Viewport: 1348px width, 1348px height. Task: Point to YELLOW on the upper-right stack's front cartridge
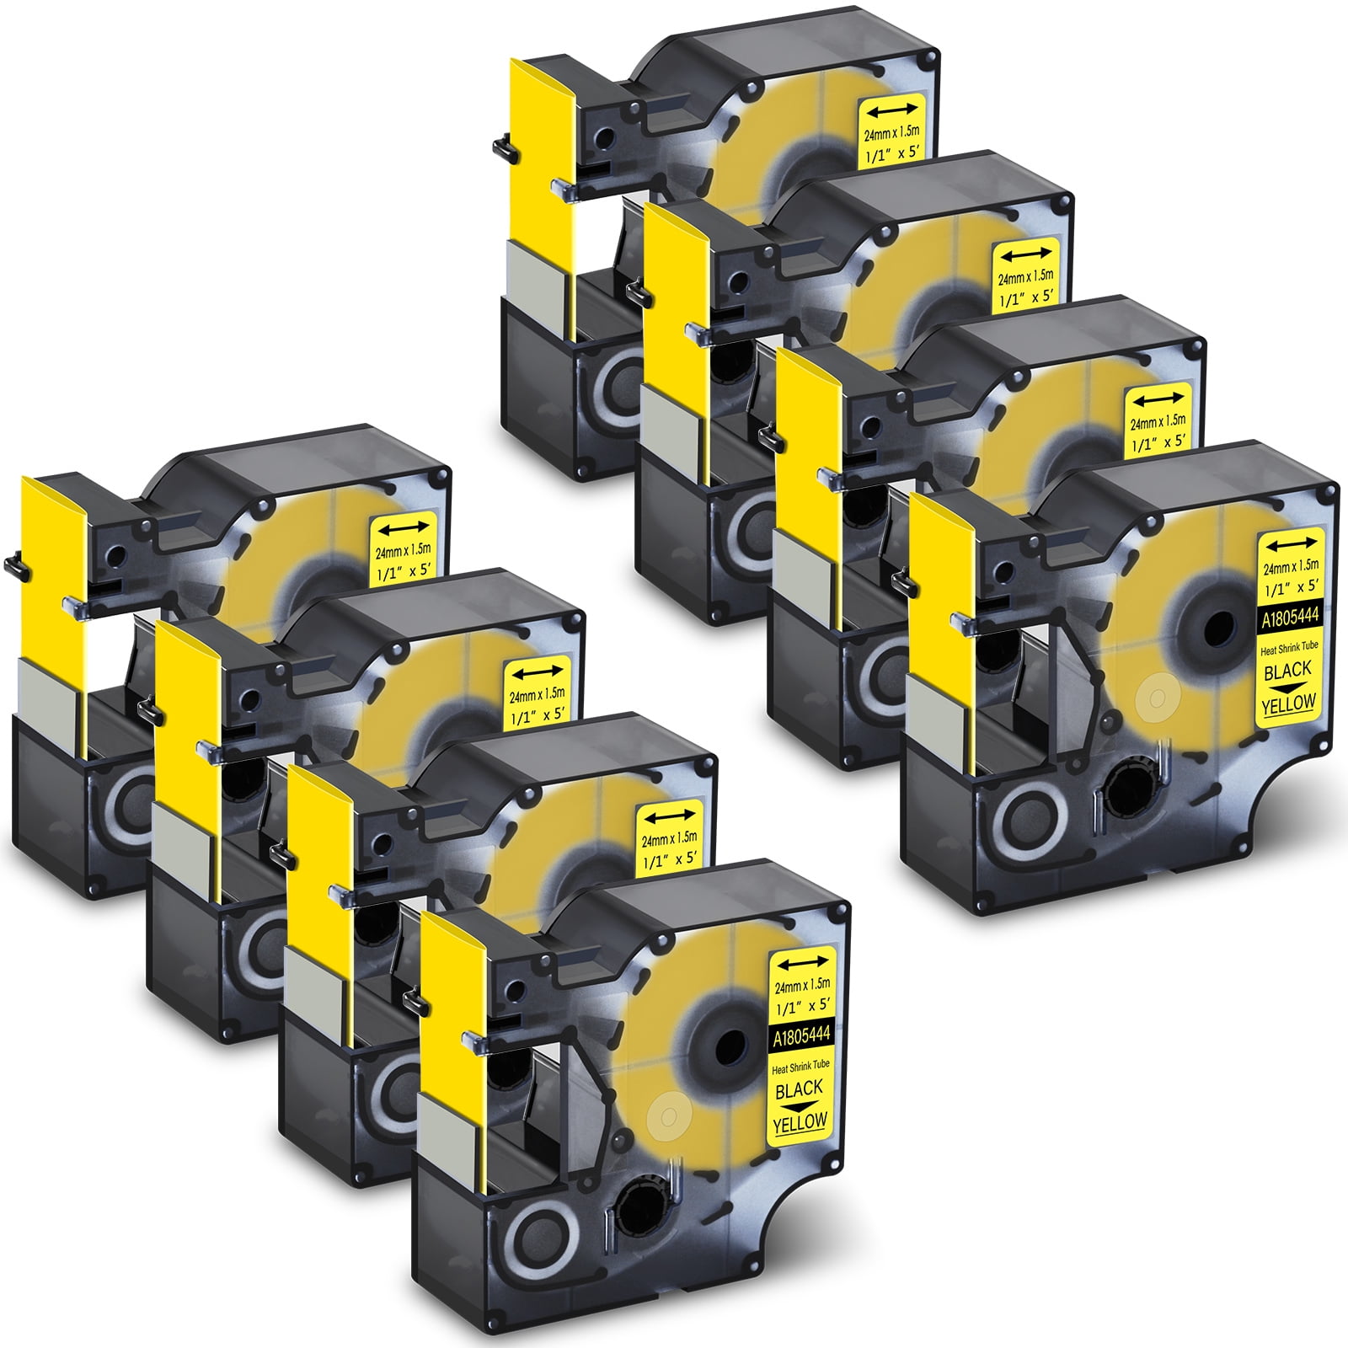point(1289,703)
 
